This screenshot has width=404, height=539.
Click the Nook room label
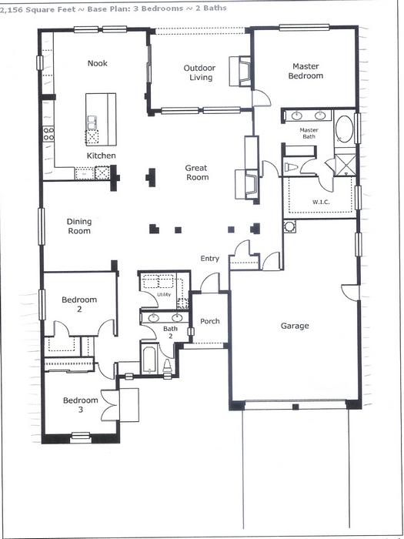tap(98, 63)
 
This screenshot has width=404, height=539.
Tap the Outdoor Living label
tap(199, 72)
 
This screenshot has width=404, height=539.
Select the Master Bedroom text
tap(306, 71)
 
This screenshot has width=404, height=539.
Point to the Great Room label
tap(197, 172)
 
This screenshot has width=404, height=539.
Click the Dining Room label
tap(79, 226)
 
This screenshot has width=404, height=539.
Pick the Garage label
tap(295, 326)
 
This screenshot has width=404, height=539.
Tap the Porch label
tap(210, 321)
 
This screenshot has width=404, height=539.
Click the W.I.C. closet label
tap(321, 202)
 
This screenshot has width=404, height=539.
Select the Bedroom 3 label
tap(80, 405)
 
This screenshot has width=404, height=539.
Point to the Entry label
tap(210, 259)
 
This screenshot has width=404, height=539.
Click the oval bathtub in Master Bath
tap(344, 129)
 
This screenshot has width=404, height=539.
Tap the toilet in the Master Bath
tap(292, 167)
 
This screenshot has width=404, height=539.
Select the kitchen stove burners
tap(48, 133)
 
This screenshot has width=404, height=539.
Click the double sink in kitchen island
tap(92, 122)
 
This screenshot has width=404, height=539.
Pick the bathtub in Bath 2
tap(149, 360)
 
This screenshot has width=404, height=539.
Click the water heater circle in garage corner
tap(289, 226)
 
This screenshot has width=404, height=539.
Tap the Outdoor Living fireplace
tap(241, 71)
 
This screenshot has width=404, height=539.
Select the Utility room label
tap(163, 295)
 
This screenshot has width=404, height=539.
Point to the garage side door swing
tap(349, 292)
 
